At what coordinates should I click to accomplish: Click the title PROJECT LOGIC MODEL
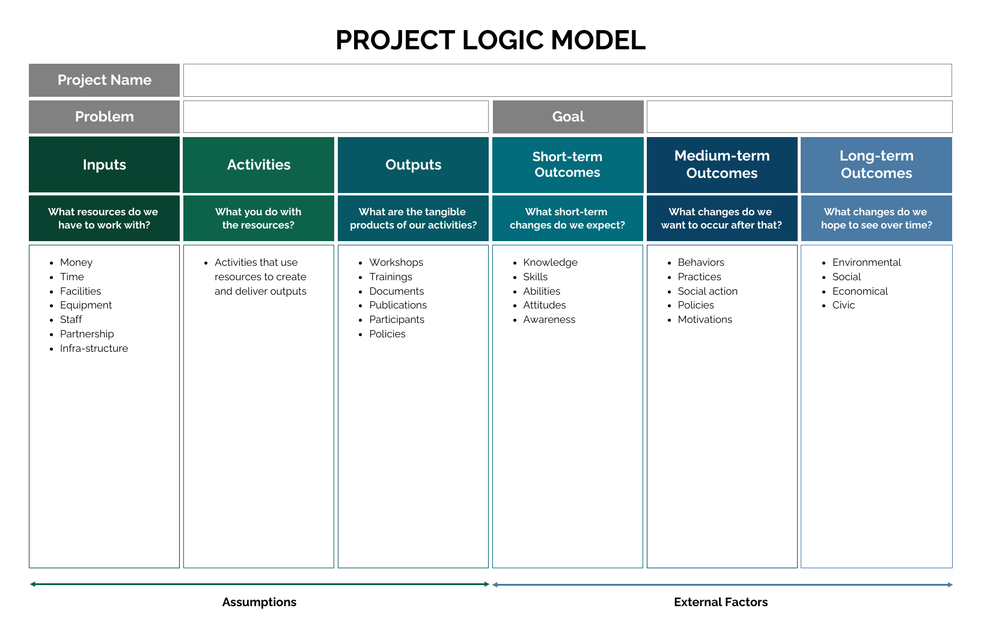click(490, 40)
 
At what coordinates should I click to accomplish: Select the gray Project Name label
click(104, 80)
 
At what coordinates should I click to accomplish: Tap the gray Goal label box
click(567, 117)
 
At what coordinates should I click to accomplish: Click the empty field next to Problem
click(335, 117)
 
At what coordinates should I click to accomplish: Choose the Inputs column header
click(104, 165)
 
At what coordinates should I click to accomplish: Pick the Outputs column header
click(413, 165)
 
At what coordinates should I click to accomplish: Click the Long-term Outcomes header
click(876, 165)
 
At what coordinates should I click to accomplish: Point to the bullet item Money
click(76, 262)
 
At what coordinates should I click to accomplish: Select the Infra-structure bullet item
click(94, 348)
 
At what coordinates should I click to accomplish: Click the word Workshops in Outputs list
click(396, 262)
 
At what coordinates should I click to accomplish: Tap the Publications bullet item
click(398, 305)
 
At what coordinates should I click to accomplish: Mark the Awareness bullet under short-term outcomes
click(549, 319)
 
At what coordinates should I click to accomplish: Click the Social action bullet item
click(707, 291)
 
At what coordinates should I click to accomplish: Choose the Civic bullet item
click(843, 305)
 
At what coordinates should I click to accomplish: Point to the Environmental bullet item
click(866, 262)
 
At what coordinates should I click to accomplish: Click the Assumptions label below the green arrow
click(259, 602)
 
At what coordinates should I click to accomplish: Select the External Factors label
click(721, 602)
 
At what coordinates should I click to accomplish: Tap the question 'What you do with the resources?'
click(258, 218)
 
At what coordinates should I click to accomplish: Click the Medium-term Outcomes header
click(722, 165)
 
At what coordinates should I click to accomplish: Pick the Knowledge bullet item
click(550, 262)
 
